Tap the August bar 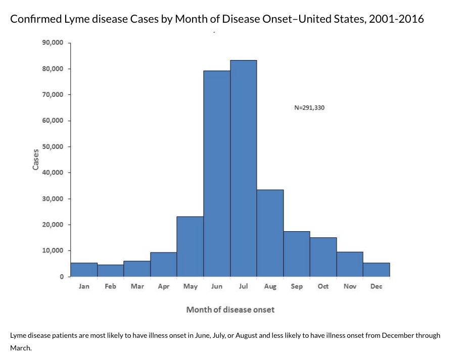(x=270, y=233)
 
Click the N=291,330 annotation (x=309, y=107)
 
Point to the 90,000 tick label (x=53, y=43)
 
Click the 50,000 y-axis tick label (x=53, y=147)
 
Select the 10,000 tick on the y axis (x=53, y=250)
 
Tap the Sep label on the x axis (x=297, y=286)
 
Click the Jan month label (x=84, y=286)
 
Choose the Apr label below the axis (x=163, y=286)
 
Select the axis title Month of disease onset (x=230, y=309)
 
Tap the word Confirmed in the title (x=34, y=19)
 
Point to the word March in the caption (x=21, y=347)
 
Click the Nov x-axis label (x=350, y=286)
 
